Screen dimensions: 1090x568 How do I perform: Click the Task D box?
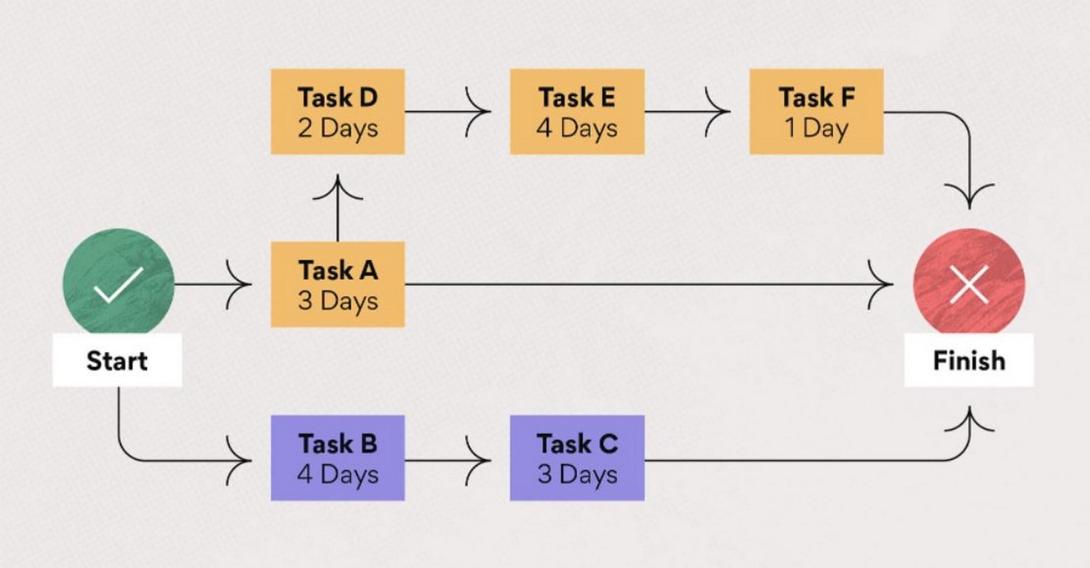(x=338, y=112)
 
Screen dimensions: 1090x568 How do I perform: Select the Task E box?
(x=577, y=112)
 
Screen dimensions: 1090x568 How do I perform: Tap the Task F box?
(x=817, y=112)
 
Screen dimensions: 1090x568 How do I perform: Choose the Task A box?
(x=338, y=285)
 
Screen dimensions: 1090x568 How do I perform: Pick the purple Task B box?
(x=338, y=458)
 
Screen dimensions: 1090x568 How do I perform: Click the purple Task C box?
(x=577, y=458)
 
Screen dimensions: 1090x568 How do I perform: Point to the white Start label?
(x=117, y=360)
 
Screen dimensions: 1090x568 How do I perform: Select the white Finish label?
(x=969, y=360)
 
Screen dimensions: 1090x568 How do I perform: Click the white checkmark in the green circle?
(x=119, y=285)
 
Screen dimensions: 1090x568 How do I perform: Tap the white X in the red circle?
(x=969, y=285)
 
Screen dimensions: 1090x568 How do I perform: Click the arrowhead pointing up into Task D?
(x=338, y=187)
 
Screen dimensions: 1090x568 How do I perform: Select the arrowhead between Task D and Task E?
(x=478, y=112)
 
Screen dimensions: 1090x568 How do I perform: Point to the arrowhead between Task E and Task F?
(x=718, y=112)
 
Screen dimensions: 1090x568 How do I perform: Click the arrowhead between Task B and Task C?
(x=478, y=460)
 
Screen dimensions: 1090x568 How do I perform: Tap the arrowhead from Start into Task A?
(x=239, y=285)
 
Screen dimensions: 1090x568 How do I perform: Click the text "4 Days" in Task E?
(x=577, y=129)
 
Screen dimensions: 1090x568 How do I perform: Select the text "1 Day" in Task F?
(x=817, y=129)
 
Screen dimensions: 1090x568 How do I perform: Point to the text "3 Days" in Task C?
(x=577, y=475)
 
